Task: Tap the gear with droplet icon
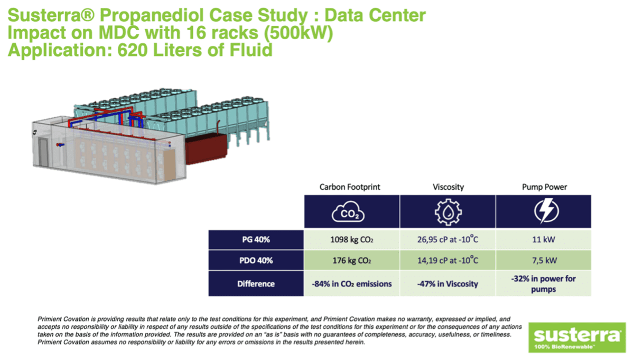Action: (447, 213)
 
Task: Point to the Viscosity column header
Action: (447, 187)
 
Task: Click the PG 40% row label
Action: (256, 239)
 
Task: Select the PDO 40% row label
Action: (256, 261)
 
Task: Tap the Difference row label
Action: (256, 283)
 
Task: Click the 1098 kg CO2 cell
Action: (351, 239)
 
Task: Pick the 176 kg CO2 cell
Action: (351, 261)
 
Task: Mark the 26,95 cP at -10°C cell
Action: (447, 239)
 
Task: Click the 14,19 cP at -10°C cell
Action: (447, 261)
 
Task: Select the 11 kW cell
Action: (543, 239)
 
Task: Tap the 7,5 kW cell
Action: (543, 261)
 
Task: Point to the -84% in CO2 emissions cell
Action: (351, 284)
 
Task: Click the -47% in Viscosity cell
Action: (447, 284)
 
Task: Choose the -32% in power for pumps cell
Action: (543, 283)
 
